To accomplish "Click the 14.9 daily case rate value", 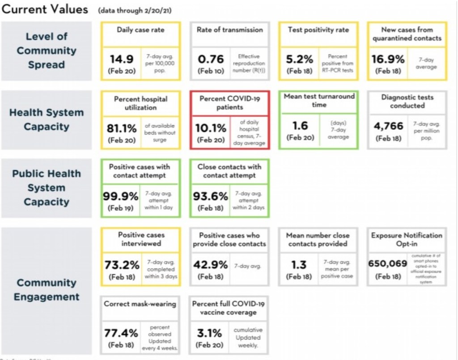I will point(121,59).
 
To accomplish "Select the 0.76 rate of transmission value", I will point(211,59).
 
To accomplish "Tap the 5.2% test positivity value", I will point(300,59).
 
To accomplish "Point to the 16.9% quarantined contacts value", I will point(388,59).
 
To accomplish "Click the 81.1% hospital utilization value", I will point(121,128).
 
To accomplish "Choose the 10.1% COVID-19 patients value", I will point(210,128).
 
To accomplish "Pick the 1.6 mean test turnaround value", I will point(299,126).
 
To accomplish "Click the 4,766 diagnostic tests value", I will point(388,127).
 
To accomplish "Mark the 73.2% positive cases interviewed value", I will point(121,265).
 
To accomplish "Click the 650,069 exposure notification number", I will point(387,264).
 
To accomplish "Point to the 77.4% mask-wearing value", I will point(121,333).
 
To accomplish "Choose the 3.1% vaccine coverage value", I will point(210,333).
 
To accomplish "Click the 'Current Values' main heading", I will point(45,9).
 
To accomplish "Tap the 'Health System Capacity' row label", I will point(47,119).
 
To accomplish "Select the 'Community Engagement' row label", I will point(47,290).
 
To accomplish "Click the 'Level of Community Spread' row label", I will point(47,51).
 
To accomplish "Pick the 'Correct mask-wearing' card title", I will point(140,304).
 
